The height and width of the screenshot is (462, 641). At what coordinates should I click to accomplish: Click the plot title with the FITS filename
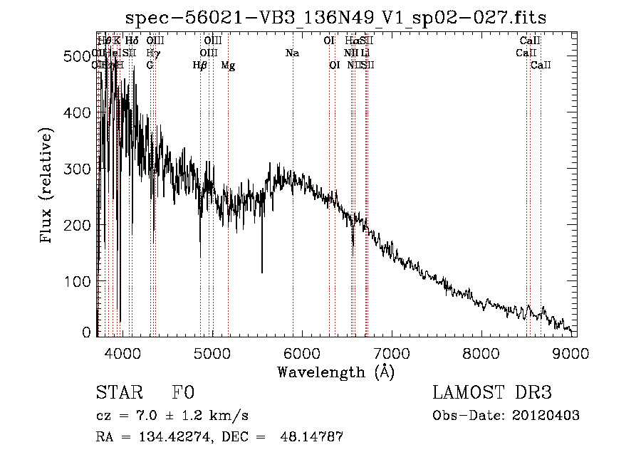coord(335,18)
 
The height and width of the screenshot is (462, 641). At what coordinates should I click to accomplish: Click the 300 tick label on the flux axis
coord(79,169)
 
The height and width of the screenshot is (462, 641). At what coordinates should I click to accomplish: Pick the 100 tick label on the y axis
coord(79,281)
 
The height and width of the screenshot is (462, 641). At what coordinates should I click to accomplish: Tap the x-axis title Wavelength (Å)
coord(335,372)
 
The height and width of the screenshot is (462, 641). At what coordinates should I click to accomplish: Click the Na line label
coord(292,53)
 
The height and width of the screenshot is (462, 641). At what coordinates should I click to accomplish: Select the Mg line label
coord(228,65)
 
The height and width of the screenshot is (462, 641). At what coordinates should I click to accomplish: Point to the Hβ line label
coord(200,65)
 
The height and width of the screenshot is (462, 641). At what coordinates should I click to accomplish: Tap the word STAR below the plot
coord(118,393)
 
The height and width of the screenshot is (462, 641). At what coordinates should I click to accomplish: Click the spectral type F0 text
coord(182,393)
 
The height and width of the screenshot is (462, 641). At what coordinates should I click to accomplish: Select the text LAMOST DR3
coord(491,393)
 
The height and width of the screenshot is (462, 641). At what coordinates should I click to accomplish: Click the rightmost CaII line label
coord(541,65)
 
